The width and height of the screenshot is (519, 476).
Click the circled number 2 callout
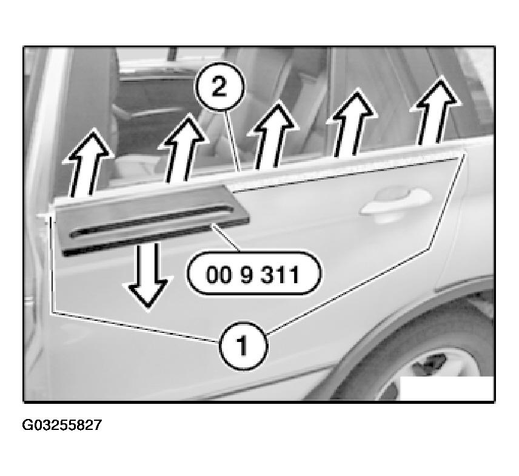tap(219, 86)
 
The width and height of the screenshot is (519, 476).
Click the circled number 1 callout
tap(243, 346)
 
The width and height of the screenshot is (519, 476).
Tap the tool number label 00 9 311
tap(253, 274)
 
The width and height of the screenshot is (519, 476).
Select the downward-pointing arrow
tap(148, 277)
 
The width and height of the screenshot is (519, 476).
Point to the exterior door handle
tap(396, 203)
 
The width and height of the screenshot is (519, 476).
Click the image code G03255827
tap(62, 425)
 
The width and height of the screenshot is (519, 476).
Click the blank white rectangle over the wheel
tap(447, 388)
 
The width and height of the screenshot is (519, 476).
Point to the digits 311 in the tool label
tap(280, 275)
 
